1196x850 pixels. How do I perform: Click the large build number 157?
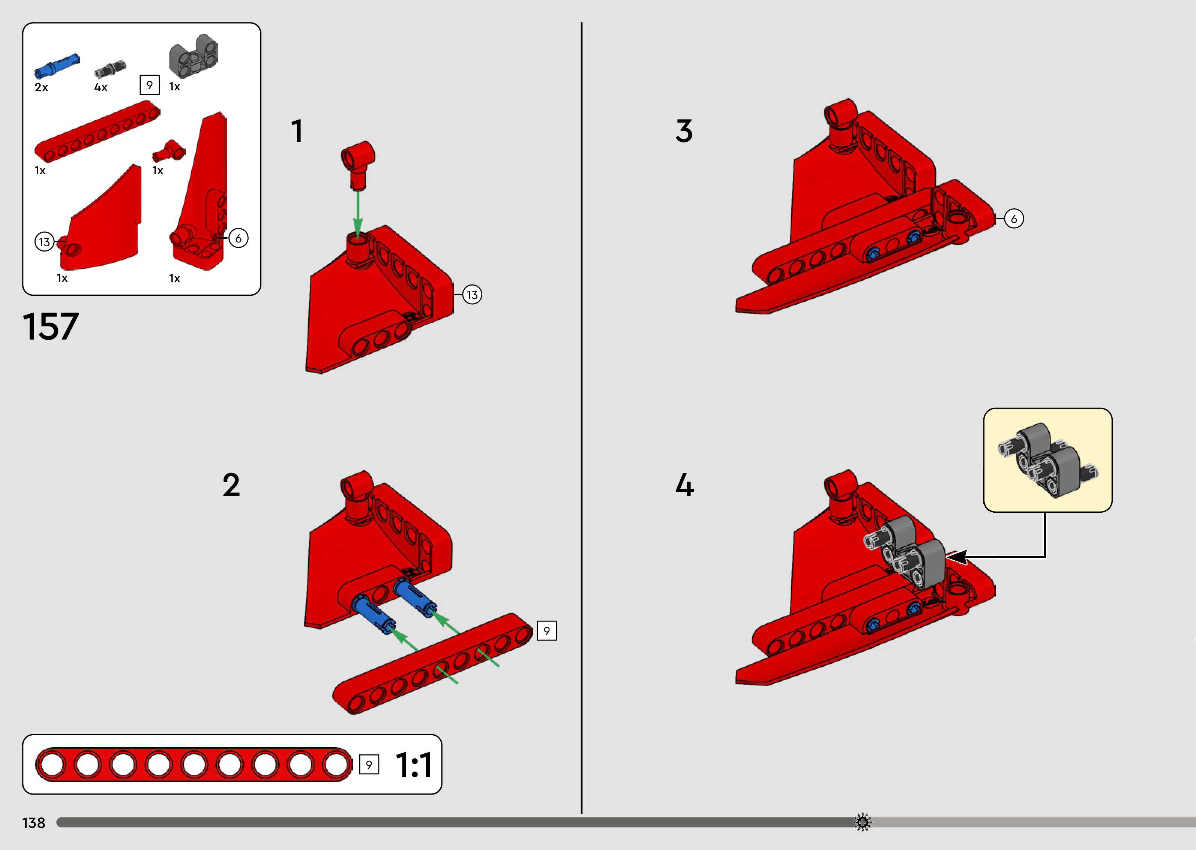[51, 326]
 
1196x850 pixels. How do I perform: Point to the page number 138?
[33, 823]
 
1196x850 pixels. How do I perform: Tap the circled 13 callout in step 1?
[472, 295]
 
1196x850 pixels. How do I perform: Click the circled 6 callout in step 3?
[1014, 219]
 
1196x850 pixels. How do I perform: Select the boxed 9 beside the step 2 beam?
[547, 631]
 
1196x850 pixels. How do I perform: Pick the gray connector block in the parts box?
[193, 57]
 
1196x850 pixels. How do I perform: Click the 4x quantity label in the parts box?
[101, 87]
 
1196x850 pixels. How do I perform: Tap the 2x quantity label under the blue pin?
[41, 87]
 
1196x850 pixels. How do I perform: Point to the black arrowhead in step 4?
[957, 557]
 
